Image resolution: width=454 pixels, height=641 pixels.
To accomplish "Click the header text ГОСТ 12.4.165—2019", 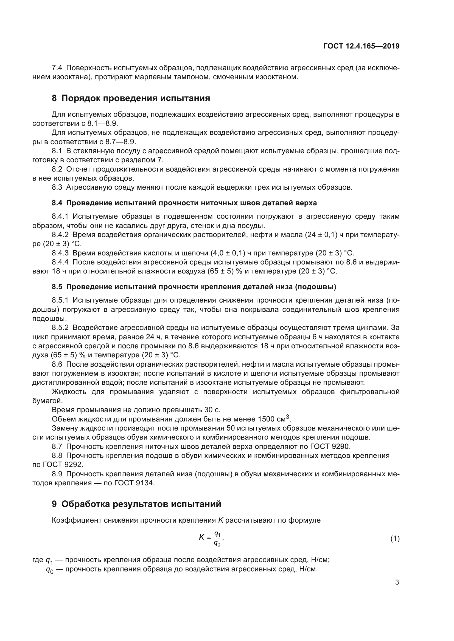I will (361, 46).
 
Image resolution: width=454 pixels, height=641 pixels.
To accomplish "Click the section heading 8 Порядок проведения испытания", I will (131, 98).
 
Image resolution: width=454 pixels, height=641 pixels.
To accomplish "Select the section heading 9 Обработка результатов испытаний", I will (136, 504).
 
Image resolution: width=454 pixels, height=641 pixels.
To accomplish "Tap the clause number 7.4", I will (57, 68).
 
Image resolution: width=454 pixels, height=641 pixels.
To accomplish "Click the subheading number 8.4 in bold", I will (57, 203).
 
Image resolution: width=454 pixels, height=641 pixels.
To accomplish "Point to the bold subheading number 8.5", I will (57, 287).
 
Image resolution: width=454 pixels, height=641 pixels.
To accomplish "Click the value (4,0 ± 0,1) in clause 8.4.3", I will (229, 253).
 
